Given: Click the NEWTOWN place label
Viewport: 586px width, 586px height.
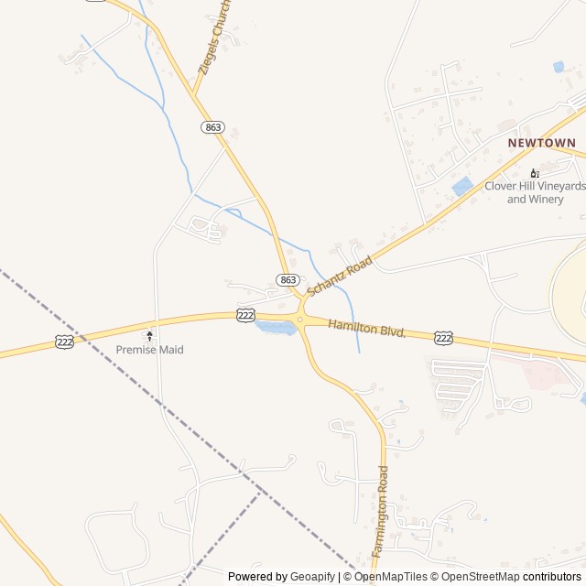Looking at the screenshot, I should point(542,143).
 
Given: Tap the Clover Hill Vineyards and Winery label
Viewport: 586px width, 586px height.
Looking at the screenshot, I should point(535,192).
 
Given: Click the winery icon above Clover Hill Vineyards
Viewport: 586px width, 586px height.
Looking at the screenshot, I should point(535,173).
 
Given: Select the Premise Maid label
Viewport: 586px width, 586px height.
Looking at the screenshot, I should point(149,350).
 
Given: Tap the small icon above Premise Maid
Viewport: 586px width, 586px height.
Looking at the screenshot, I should point(150,336).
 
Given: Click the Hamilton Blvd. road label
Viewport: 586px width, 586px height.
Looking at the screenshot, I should point(366,328).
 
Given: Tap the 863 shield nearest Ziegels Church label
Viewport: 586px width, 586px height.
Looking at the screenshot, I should point(213,127).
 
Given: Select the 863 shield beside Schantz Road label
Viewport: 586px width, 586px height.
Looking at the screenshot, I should point(288,279).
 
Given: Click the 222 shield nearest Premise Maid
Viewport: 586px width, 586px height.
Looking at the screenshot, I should point(63,341).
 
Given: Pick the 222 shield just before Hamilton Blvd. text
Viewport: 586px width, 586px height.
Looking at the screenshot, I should point(245,315).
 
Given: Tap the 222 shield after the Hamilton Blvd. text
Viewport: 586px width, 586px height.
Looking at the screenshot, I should point(443,339).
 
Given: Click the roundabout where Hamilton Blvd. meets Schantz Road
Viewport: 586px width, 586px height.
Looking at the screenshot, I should point(299,319).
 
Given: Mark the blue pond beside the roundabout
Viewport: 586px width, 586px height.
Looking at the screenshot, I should point(276,328).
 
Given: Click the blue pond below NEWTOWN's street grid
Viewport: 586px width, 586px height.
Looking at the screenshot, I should point(462,186).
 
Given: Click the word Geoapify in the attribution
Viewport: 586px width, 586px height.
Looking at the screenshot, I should point(313,577).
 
